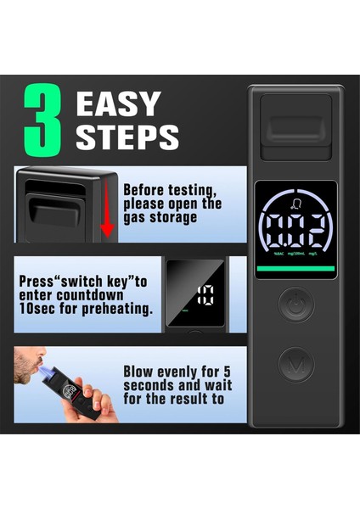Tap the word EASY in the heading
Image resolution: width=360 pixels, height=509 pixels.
[117, 104]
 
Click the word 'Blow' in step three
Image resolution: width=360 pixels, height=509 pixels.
[140, 370]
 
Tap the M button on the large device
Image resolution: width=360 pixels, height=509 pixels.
[296, 365]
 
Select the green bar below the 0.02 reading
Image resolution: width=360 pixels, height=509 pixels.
[295, 269]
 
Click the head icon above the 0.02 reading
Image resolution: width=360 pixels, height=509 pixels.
[295, 203]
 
